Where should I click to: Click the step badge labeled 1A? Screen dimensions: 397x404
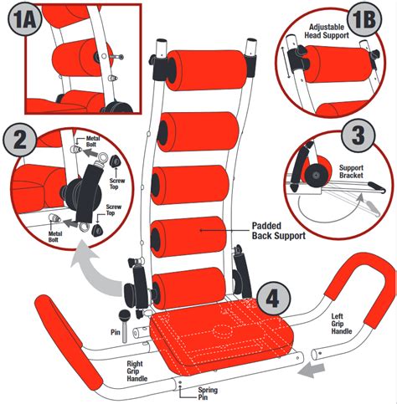tap(25, 20)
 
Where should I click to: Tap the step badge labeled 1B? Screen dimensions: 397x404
tap(364, 19)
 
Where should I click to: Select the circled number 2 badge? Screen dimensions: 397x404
tap(19, 140)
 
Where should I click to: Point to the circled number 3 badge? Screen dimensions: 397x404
tap(358, 136)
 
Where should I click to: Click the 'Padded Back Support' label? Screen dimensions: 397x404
tap(278, 231)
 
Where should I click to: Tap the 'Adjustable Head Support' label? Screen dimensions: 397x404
tap(327, 31)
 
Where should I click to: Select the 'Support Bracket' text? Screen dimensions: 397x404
tap(351, 171)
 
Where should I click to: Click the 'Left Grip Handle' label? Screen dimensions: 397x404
tap(341, 324)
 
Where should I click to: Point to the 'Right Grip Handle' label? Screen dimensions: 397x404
tap(137, 371)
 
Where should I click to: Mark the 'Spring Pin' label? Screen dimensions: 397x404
tap(208, 393)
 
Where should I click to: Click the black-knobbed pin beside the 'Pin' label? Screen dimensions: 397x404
tap(124, 325)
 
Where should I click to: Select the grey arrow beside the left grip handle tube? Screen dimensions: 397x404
tap(312, 371)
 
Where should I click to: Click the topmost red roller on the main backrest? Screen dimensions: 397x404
tap(206, 70)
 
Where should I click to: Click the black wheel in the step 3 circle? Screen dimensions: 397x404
tap(316, 175)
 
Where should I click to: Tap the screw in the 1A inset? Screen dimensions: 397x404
tap(116, 57)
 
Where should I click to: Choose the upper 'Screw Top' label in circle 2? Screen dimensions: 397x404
tap(117, 183)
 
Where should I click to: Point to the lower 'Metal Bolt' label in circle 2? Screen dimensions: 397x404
tap(55, 237)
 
